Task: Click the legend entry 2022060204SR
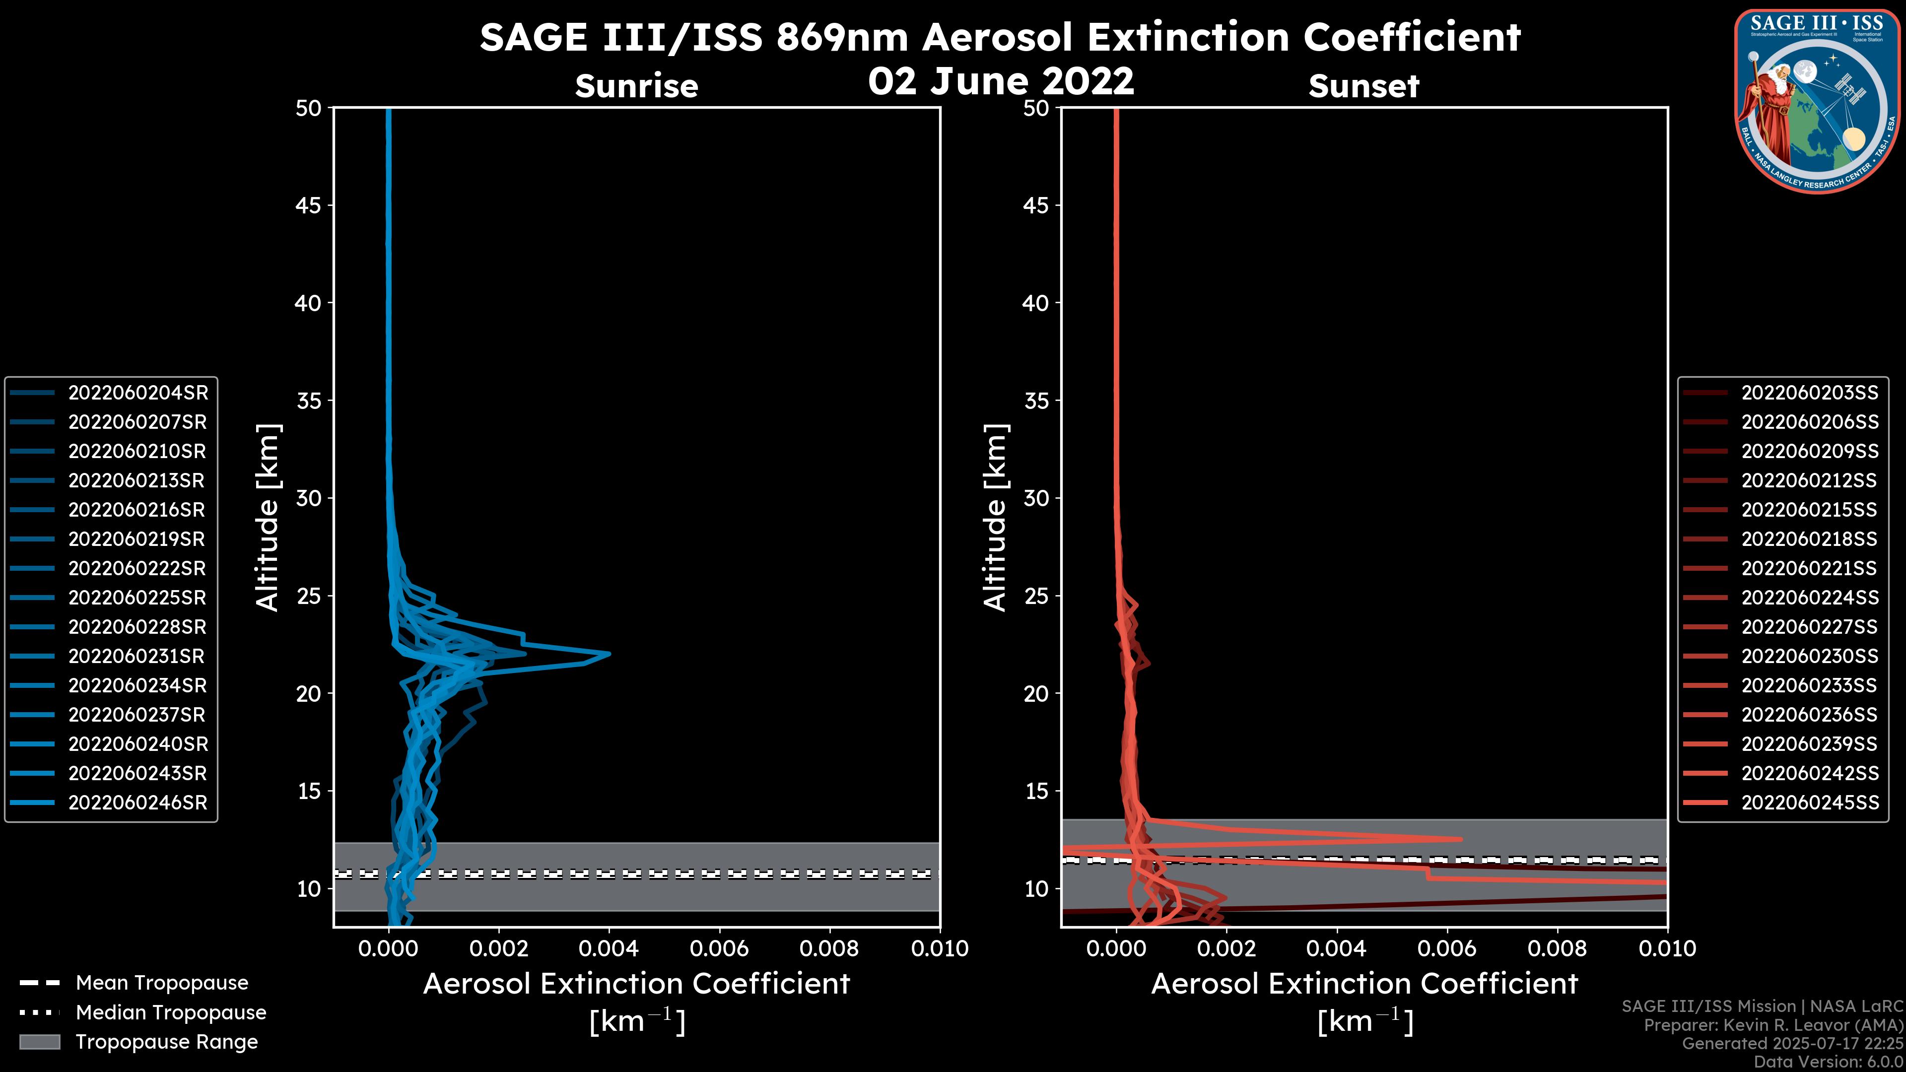pyautogui.click(x=137, y=393)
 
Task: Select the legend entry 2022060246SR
pyautogui.click(x=137, y=803)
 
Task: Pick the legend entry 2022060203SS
pyautogui.click(x=1809, y=393)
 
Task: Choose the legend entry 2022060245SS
pyautogui.click(x=1809, y=803)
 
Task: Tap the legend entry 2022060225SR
pyautogui.click(x=137, y=598)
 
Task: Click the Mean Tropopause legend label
pyautogui.click(x=162, y=983)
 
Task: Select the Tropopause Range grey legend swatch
pyautogui.click(x=40, y=1042)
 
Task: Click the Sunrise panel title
pyautogui.click(x=636, y=86)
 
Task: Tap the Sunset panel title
pyautogui.click(x=1363, y=86)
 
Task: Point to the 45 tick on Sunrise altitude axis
pyautogui.click(x=309, y=205)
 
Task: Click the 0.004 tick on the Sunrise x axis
pyautogui.click(x=608, y=948)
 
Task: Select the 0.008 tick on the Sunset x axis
pyautogui.click(x=1558, y=948)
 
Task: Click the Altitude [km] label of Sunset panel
pyautogui.click(x=995, y=518)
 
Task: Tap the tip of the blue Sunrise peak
pyautogui.click(x=610, y=654)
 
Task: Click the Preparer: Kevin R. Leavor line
pyautogui.click(x=1773, y=1025)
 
